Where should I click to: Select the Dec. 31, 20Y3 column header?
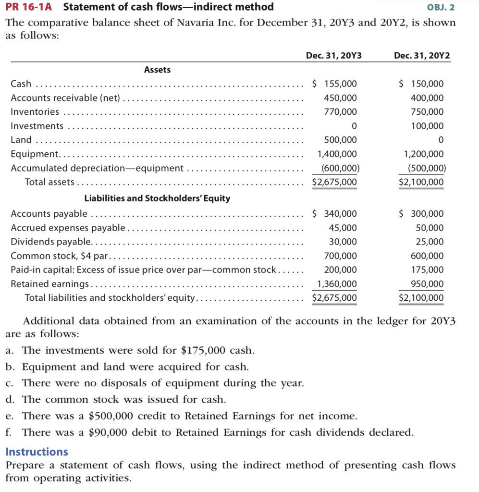click(333, 56)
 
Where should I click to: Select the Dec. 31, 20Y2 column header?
click(421, 56)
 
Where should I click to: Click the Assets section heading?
click(157, 70)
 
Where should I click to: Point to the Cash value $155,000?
click(335, 84)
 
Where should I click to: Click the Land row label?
click(21, 140)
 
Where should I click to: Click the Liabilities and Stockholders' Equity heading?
click(157, 198)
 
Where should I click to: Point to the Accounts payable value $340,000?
click(335, 214)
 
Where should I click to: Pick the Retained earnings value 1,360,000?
click(337, 284)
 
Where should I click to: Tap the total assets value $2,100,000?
click(422, 183)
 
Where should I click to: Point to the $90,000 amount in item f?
click(109, 432)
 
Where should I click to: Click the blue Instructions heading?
click(37, 452)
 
